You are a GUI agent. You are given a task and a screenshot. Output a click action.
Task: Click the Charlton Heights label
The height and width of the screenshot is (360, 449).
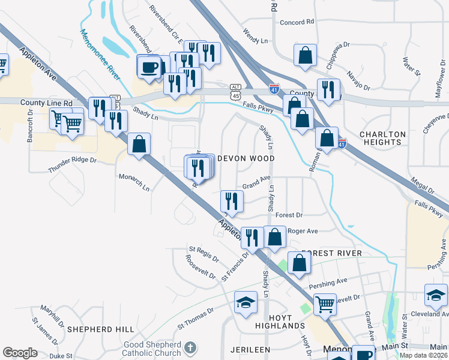pyautogui.click(x=382, y=138)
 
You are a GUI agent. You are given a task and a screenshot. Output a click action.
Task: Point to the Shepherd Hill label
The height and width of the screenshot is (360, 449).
pyautogui.click(x=101, y=329)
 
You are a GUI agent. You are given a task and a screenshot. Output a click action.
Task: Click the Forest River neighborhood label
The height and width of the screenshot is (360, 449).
pyautogui.click(x=331, y=253)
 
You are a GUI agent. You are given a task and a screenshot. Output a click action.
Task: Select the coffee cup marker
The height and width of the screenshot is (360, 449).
pyautogui.click(x=149, y=67)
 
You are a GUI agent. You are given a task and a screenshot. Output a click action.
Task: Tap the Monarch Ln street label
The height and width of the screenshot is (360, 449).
pyautogui.click(x=134, y=182)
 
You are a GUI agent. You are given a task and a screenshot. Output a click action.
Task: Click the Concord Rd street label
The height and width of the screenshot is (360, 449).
pyautogui.click(x=297, y=22)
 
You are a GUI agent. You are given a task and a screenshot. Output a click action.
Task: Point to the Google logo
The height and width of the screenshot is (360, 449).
pyautogui.click(x=20, y=353)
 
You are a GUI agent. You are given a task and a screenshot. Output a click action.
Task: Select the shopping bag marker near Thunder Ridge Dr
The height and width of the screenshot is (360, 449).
pyautogui.click(x=139, y=144)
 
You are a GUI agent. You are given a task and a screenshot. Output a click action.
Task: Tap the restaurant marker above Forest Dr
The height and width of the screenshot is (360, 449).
pyautogui.click(x=231, y=201)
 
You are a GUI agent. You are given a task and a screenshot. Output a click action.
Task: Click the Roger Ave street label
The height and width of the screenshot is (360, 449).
pyautogui.click(x=303, y=230)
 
